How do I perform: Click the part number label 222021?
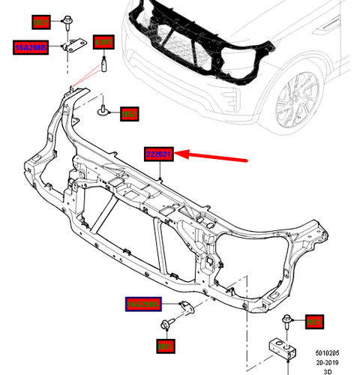tap(159, 155)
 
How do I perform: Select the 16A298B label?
tap(31, 47)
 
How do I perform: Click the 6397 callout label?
tap(102, 41)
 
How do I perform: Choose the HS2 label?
tap(130, 113)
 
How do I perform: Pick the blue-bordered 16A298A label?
tap(142, 304)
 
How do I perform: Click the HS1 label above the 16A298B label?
tap(39, 22)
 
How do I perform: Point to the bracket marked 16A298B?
tap(72, 47)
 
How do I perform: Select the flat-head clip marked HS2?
tap(104, 112)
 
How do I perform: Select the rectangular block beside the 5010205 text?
tap(280, 351)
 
